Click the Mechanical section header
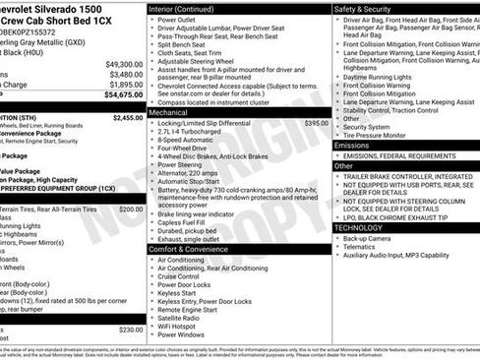coord(170,112)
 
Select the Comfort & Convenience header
coord(190,249)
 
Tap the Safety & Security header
coord(369,8)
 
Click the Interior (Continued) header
coord(183,8)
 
